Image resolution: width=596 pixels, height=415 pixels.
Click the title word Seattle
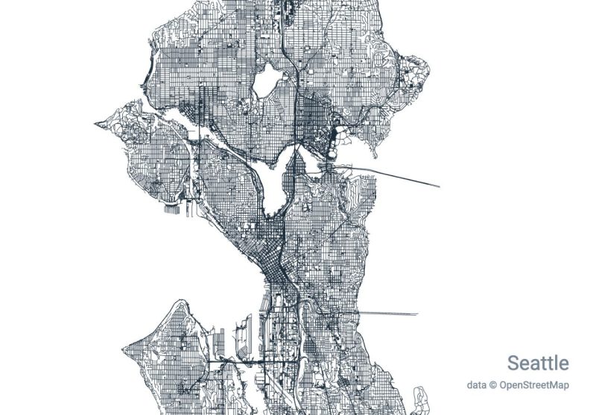538,363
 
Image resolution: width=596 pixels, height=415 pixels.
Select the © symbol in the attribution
492,385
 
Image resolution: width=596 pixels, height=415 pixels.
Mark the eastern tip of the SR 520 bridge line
439,186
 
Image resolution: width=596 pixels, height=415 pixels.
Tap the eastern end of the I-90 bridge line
418,314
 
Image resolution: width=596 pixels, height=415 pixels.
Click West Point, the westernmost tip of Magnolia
97,123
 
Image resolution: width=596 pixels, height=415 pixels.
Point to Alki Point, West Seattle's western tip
125,349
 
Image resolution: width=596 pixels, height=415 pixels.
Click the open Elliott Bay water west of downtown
223,269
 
